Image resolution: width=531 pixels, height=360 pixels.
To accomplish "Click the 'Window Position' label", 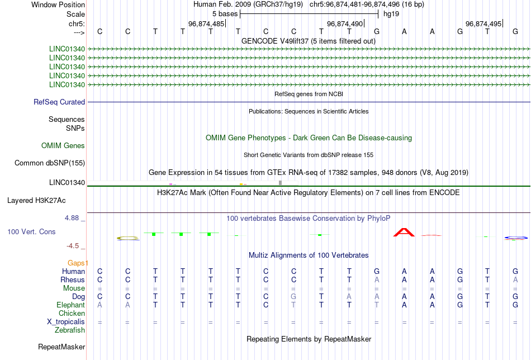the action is (58, 4).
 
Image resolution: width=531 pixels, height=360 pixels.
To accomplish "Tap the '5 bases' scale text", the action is (225, 14).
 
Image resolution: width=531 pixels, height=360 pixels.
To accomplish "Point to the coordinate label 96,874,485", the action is (206, 23).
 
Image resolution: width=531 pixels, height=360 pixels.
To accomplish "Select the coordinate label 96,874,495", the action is (483, 23).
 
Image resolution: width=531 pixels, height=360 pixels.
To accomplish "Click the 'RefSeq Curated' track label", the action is (59, 102).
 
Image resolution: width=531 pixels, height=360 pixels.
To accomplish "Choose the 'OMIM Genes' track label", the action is (63, 146).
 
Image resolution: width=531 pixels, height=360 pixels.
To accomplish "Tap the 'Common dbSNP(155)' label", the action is (50, 163).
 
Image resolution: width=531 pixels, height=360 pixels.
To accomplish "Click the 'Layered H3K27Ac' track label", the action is (36, 201).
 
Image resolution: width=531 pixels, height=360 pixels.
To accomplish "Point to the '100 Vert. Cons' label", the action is (31, 231).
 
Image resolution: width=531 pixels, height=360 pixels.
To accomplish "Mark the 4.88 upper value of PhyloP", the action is (72, 218).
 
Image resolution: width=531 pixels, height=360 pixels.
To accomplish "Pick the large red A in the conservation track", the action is (404, 233).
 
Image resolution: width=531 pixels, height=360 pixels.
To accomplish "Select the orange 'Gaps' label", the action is (78, 263).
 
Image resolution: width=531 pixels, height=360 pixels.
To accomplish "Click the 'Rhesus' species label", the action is (73, 280).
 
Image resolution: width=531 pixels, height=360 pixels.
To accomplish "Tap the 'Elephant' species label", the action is (70, 305).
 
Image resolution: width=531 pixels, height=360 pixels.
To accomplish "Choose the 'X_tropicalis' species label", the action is (66, 322).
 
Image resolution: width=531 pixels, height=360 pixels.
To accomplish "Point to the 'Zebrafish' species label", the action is (70, 330).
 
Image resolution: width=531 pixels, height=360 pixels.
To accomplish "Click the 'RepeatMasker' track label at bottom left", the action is (61, 347).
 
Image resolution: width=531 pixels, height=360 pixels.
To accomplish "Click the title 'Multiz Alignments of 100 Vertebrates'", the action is (309, 255).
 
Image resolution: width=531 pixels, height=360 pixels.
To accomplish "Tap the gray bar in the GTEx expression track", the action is (281, 183).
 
